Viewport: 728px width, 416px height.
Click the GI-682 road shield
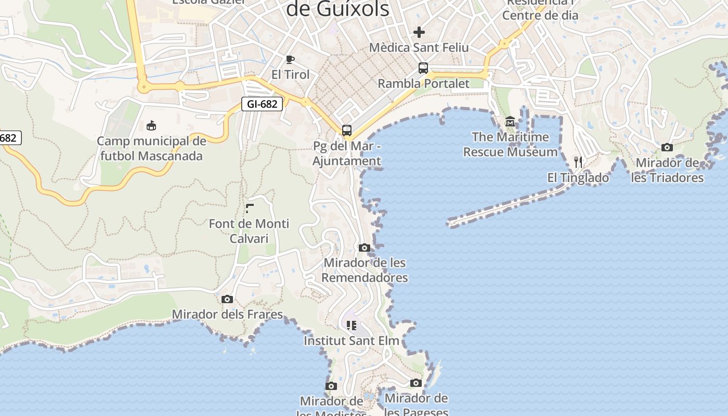(262, 104)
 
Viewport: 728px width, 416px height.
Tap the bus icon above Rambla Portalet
(423, 68)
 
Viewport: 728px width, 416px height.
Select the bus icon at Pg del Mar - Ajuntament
(347, 131)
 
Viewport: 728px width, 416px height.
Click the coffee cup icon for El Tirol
(290, 59)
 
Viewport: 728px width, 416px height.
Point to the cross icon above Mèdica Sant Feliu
(419, 32)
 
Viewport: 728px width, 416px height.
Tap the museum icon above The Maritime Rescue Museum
(510, 122)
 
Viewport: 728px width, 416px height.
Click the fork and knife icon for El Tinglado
(578, 162)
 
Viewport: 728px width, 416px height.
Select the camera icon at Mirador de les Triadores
(667, 148)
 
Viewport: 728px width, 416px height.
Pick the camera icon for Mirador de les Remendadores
(365, 248)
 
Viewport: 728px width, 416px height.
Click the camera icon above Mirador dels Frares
(227, 299)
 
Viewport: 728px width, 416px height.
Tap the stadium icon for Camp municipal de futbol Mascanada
(151, 125)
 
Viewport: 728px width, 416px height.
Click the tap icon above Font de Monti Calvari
(249, 209)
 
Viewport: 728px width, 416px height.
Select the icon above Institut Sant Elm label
(352, 326)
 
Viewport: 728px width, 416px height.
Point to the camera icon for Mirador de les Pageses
(416, 383)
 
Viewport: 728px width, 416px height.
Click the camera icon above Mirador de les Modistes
(331, 386)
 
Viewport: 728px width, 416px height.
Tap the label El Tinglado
(578, 178)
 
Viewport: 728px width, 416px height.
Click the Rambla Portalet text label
(423, 84)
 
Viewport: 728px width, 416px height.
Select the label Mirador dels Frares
(227, 315)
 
